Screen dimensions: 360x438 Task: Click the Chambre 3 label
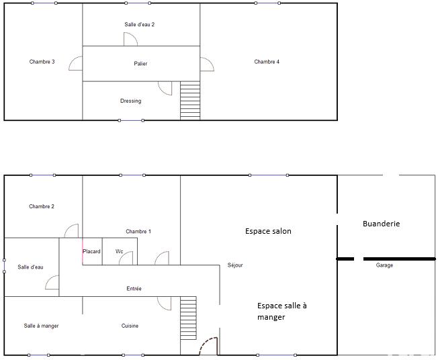(x=42, y=62)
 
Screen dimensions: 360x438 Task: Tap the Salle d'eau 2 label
(x=140, y=25)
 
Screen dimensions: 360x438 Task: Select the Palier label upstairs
(x=140, y=64)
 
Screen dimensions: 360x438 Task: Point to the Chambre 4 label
(x=267, y=62)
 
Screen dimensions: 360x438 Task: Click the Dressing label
(x=130, y=101)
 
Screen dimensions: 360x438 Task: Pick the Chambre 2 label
(x=42, y=207)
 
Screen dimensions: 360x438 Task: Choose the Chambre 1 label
(x=138, y=232)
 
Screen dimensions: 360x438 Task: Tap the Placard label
(x=91, y=252)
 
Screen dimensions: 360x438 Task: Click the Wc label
(x=119, y=252)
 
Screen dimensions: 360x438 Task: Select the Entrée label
(x=134, y=289)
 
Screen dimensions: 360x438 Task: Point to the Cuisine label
(x=130, y=326)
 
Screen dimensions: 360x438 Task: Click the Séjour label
(x=235, y=265)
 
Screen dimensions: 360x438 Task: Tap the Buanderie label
(x=381, y=224)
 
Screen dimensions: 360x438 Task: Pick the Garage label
(x=384, y=265)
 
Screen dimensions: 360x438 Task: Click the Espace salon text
(x=267, y=231)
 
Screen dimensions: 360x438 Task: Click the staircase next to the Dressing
(x=190, y=100)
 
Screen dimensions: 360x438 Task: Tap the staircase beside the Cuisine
(x=188, y=318)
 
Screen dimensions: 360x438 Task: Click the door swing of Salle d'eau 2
(x=130, y=40)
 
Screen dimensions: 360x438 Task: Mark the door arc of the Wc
(x=128, y=259)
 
